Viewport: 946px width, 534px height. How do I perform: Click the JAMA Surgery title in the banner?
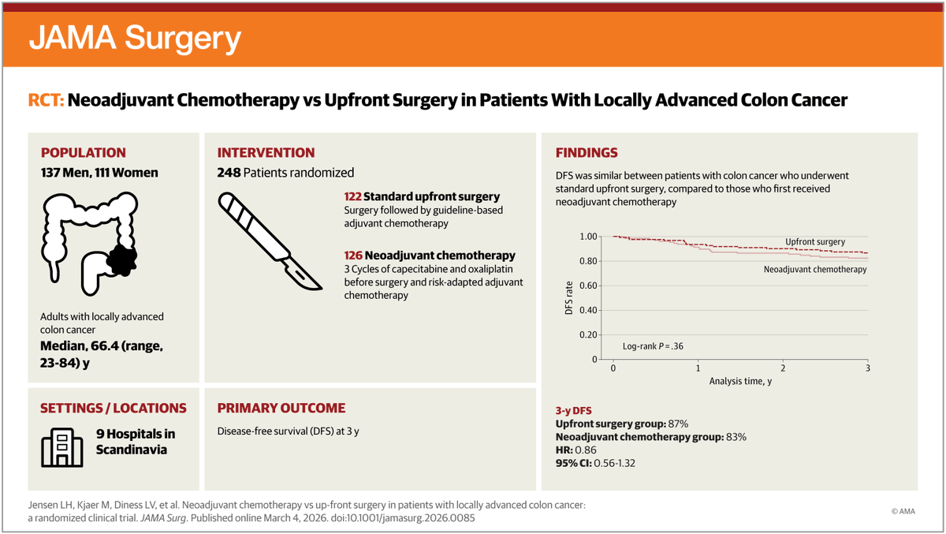pos(135,38)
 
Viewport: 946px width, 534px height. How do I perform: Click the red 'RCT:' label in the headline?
pos(47,101)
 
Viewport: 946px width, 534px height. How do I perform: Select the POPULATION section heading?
pos(83,153)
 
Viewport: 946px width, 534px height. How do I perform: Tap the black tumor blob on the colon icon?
pos(122,260)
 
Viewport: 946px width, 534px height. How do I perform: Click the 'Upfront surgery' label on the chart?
pos(815,241)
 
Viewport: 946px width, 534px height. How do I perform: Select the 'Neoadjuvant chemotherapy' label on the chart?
pos(815,269)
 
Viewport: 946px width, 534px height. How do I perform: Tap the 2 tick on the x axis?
pos(783,368)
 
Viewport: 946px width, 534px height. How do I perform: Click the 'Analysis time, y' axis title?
pos(740,381)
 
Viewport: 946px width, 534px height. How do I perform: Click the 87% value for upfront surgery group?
pos(680,424)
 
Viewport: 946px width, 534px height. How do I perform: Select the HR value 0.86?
pos(587,450)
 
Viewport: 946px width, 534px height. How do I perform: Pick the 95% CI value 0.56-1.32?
pos(611,463)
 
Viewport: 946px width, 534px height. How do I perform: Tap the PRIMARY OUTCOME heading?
pos(281,409)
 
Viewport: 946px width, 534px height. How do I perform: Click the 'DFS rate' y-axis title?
pos(568,297)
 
